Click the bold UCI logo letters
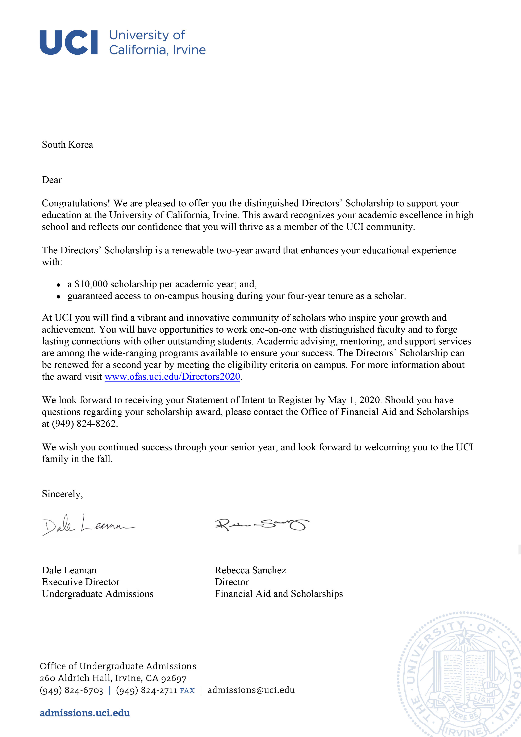[x=68, y=42]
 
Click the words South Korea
[x=67, y=145]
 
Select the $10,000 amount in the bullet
[x=91, y=284]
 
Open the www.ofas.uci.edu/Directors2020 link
[x=172, y=376]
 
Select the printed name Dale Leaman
[x=69, y=570]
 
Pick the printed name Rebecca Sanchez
[x=250, y=570]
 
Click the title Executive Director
[x=81, y=582]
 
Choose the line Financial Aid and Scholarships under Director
[x=279, y=594]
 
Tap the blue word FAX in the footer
[x=187, y=690]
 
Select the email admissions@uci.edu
[x=251, y=690]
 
